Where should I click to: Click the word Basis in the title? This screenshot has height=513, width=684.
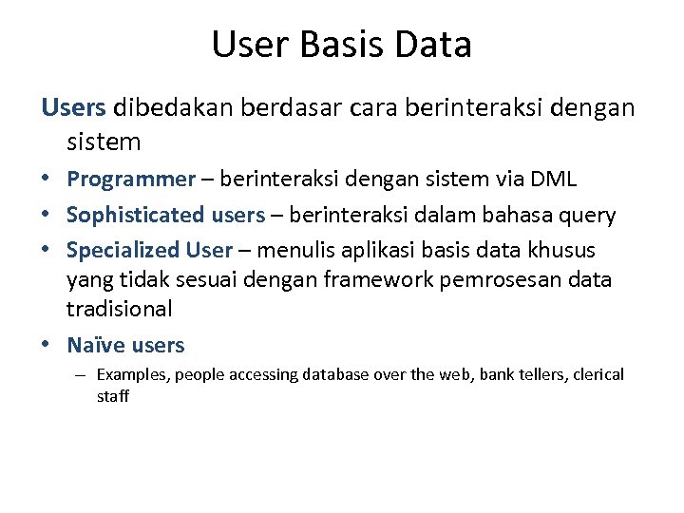point(341,45)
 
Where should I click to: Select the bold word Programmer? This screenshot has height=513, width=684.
point(130,180)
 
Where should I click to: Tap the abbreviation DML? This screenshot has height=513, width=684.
point(552,180)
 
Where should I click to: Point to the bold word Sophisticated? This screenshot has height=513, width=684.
point(136,216)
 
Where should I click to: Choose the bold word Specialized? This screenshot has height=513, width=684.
point(123,251)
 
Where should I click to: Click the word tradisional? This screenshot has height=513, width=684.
point(119,309)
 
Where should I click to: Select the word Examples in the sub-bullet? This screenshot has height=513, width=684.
point(131,374)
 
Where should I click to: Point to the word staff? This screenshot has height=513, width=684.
point(113,396)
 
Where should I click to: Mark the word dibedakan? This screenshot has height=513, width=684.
point(175,108)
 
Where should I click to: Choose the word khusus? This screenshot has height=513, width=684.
point(563,251)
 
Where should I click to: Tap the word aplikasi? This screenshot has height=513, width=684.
point(372,251)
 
